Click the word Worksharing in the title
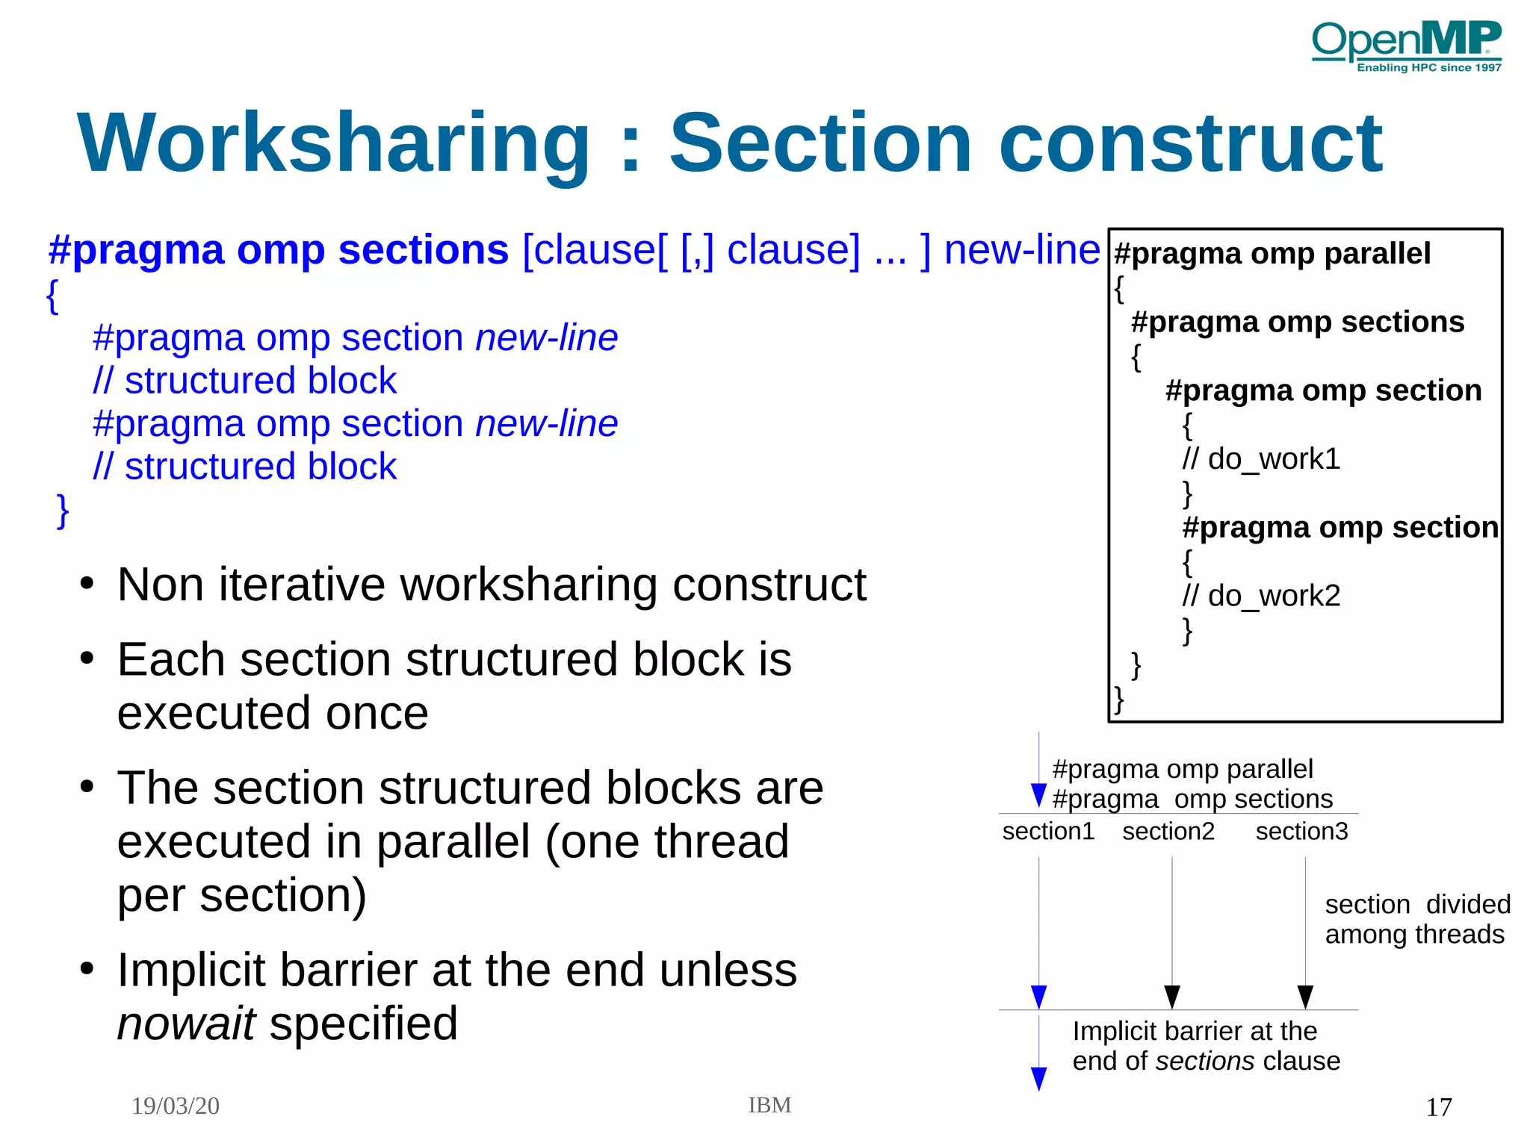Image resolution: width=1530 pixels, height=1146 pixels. pos(334,143)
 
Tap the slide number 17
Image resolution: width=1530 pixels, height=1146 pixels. pos(1438,1107)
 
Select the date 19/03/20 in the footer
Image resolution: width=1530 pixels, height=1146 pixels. pos(176,1106)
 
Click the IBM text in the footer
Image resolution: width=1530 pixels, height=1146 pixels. pos(769,1105)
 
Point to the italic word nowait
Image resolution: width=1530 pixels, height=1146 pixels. pos(187,1024)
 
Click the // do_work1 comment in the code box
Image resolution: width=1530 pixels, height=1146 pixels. pos(1261,459)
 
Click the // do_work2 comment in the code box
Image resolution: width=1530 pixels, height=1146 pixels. pos(1261,597)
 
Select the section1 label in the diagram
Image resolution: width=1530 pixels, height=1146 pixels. pos(1048,831)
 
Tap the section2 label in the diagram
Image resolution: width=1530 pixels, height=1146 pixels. pos(1168,831)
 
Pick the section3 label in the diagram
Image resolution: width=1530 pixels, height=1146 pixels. pos(1301,831)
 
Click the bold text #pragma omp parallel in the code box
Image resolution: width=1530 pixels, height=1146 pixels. pos(1272,254)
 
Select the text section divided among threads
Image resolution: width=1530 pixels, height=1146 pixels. pos(1416,919)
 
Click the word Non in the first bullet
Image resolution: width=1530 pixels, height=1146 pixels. pos(161,585)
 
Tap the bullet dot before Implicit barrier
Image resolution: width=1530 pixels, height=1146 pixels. pos(87,969)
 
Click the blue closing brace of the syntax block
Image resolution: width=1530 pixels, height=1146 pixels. pos(64,511)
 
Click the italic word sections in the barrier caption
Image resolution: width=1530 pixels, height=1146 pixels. pos(1204,1061)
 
